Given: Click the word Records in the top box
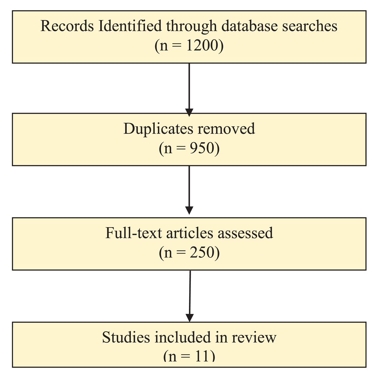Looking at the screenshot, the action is tap(67, 26).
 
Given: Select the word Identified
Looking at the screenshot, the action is tap(130, 26).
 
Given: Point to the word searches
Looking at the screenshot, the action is tap(310, 26).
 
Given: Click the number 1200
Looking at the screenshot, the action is tap(202, 45).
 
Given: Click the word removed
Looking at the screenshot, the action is tap(226, 129).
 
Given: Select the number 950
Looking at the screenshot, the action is tap(202, 148).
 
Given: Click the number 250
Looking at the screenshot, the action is tap(202, 252).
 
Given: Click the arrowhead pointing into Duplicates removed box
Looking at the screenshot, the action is tap(189, 112).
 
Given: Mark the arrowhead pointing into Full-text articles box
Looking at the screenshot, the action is tap(189, 210).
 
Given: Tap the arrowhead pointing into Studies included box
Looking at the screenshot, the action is tap(189, 318).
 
